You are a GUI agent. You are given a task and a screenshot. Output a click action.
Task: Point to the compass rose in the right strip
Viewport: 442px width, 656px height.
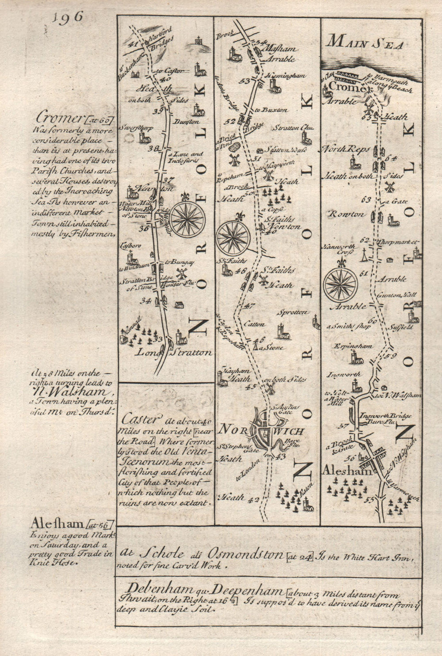pyautogui.click(x=340, y=283)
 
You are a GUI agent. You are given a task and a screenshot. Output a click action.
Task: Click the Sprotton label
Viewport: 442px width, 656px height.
pyautogui.click(x=293, y=312)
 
